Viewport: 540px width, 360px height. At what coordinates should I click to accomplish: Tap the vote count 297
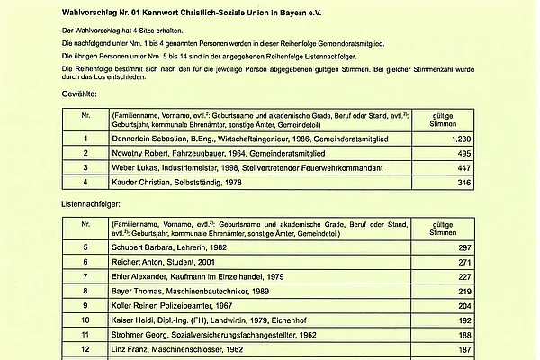click(x=439, y=247)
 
